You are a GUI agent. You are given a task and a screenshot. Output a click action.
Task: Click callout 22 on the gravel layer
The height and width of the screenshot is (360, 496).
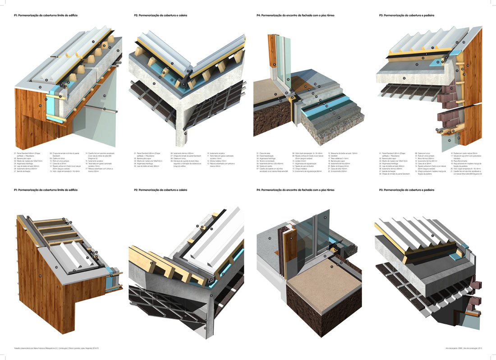(x=345, y=122)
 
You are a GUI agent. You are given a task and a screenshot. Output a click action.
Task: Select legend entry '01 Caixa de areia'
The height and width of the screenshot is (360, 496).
(x=264, y=153)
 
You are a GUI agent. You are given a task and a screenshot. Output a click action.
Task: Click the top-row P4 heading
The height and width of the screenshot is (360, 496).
(x=295, y=15)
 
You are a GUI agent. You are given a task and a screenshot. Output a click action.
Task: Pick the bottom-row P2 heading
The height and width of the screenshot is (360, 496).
(x=160, y=190)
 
